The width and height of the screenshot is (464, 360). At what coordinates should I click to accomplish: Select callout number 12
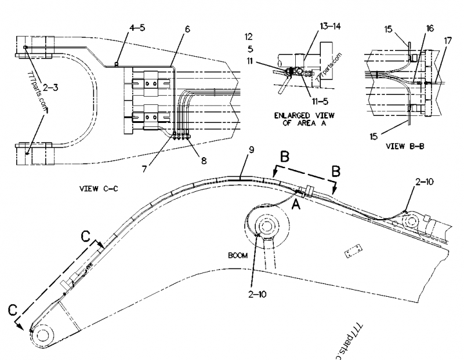[248, 36]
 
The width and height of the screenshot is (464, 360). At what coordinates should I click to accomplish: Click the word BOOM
[237, 254]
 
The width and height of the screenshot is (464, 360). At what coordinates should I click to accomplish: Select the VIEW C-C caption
[96, 188]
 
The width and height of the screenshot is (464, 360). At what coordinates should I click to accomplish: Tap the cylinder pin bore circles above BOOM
[267, 227]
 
